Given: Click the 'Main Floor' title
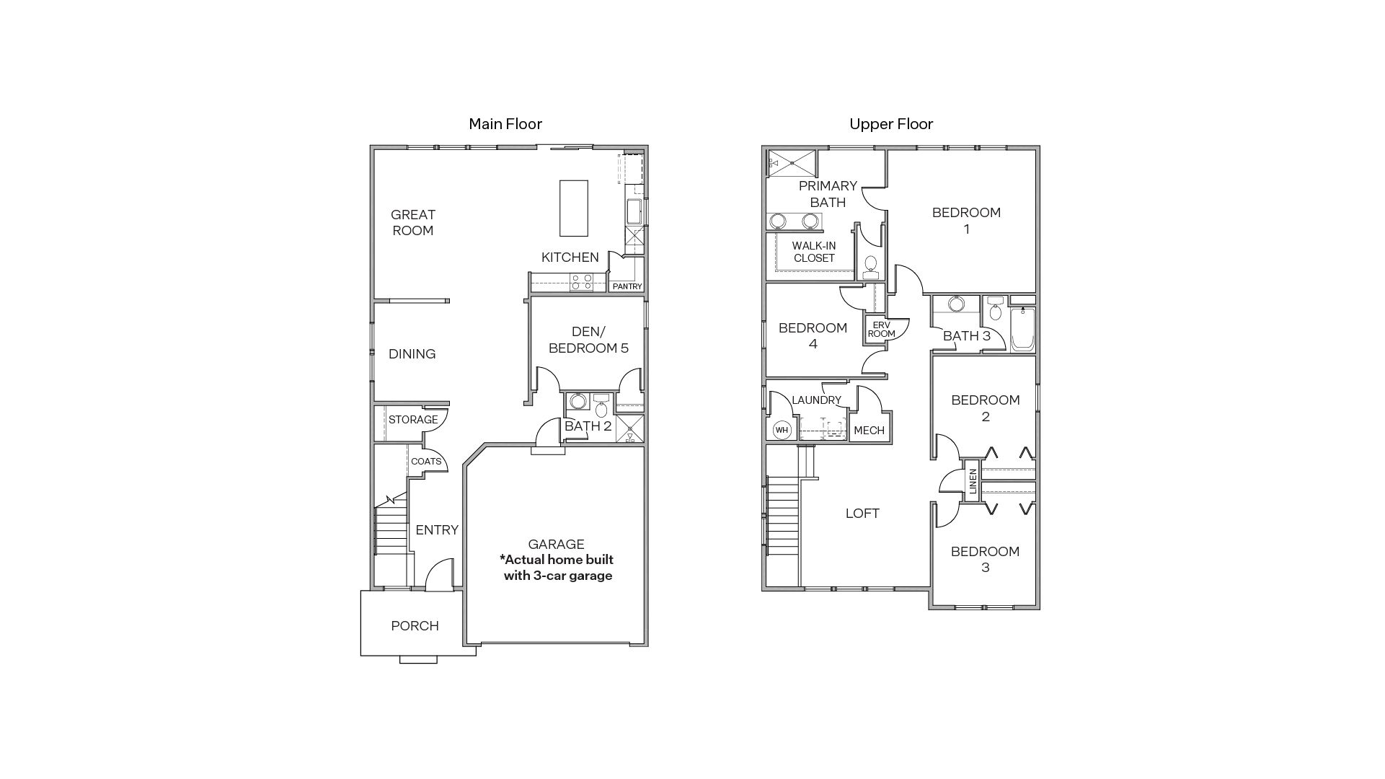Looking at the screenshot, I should [x=505, y=124].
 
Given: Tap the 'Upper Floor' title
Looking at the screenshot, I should [x=891, y=124].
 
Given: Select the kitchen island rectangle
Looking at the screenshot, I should [x=574, y=208].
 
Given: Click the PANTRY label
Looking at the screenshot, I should [x=627, y=286].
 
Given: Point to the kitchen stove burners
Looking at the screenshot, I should [x=581, y=282].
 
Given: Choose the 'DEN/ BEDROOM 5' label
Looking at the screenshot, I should [x=588, y=340].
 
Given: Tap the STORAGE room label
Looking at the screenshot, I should [x=413, y=420].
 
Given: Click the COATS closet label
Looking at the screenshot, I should [x=425, y=462].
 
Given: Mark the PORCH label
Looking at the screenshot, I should [x=415, y=626].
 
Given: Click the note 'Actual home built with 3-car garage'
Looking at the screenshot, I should [x=557, y=568].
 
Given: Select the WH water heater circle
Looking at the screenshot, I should [x=782, y=431].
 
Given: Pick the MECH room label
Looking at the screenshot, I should [x=869, y=431].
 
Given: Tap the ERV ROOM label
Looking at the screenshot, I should [x=881, y=330].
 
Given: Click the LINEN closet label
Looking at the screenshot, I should [x=973, y=480].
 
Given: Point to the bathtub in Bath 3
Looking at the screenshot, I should [x=1022, y=330].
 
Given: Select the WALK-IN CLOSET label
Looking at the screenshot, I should [x=814, y=252].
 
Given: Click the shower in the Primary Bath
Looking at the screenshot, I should [x=792, y=163].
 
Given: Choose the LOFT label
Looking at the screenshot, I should [x=862, y=514].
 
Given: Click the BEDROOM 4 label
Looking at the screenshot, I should [x=813, y=335].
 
